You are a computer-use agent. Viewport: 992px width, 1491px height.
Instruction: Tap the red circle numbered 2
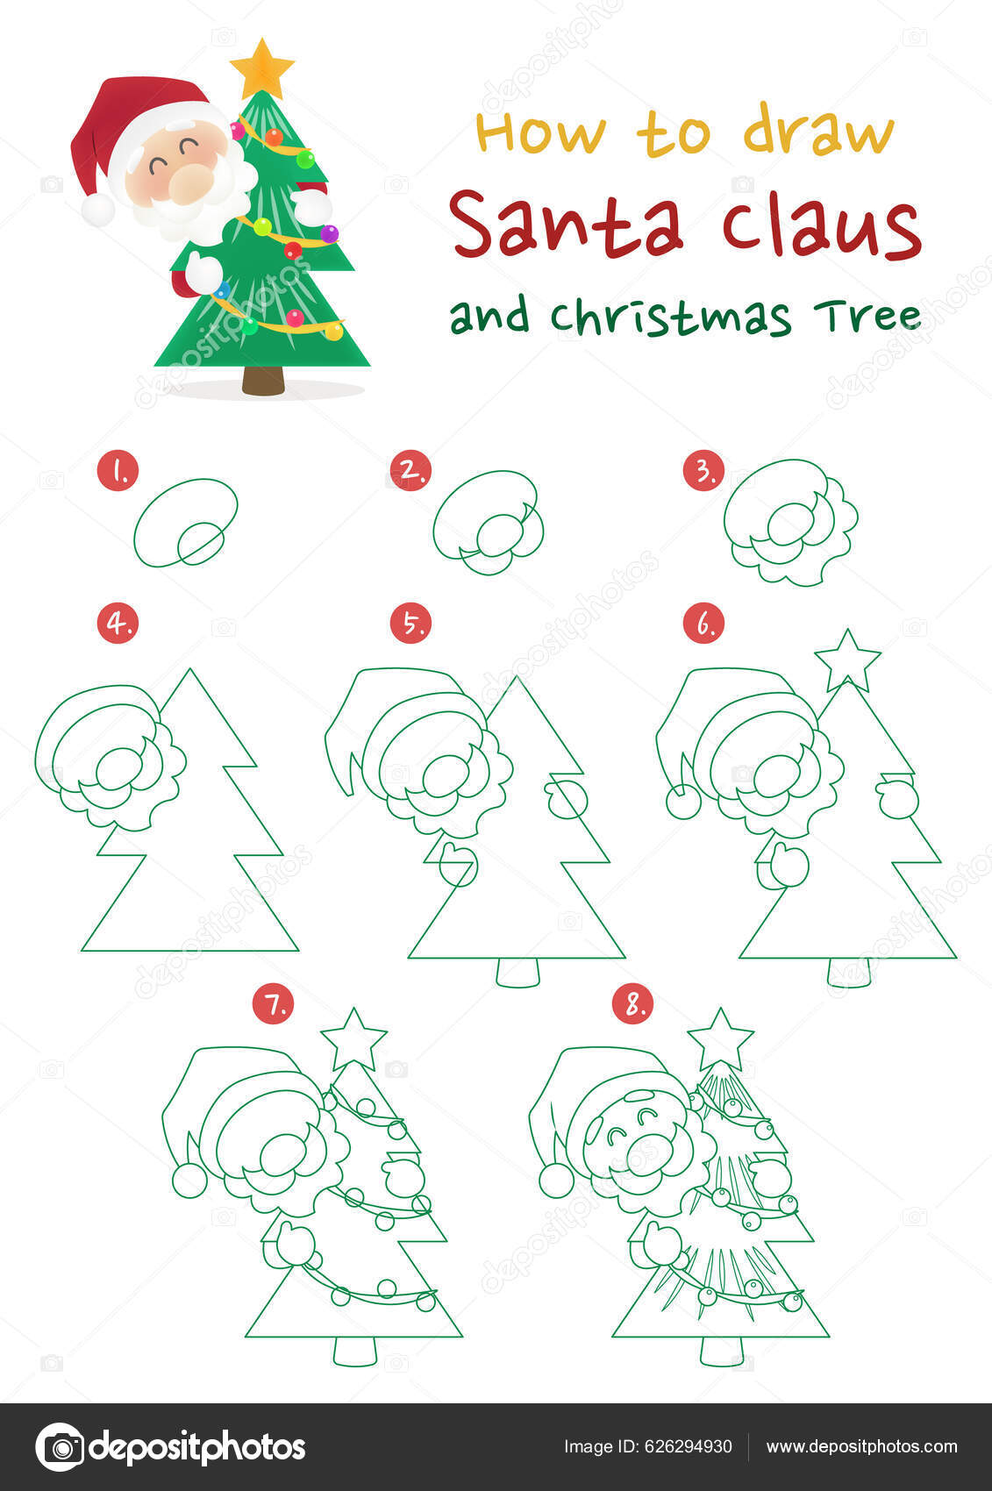(410, 471)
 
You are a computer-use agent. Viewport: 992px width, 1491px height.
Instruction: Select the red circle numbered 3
(703, 471)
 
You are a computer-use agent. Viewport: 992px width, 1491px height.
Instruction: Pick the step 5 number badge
(410, 624)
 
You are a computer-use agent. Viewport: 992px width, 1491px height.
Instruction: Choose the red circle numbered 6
(703, 624)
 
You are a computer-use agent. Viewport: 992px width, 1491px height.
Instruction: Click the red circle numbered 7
(274, 1004)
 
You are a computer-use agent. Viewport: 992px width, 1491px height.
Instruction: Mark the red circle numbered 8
(633, 1004)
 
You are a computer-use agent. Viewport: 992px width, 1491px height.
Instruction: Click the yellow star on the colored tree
(261, 68)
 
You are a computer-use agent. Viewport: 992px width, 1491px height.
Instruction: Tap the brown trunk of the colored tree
(263, 381)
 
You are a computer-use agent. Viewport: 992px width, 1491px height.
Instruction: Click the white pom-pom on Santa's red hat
(97, 210)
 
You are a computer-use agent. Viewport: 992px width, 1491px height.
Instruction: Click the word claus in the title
(822, 226)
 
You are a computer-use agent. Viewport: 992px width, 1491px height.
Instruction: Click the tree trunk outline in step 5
(517, 973)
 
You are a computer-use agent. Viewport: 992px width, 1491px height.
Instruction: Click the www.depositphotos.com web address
(861, 1447)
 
